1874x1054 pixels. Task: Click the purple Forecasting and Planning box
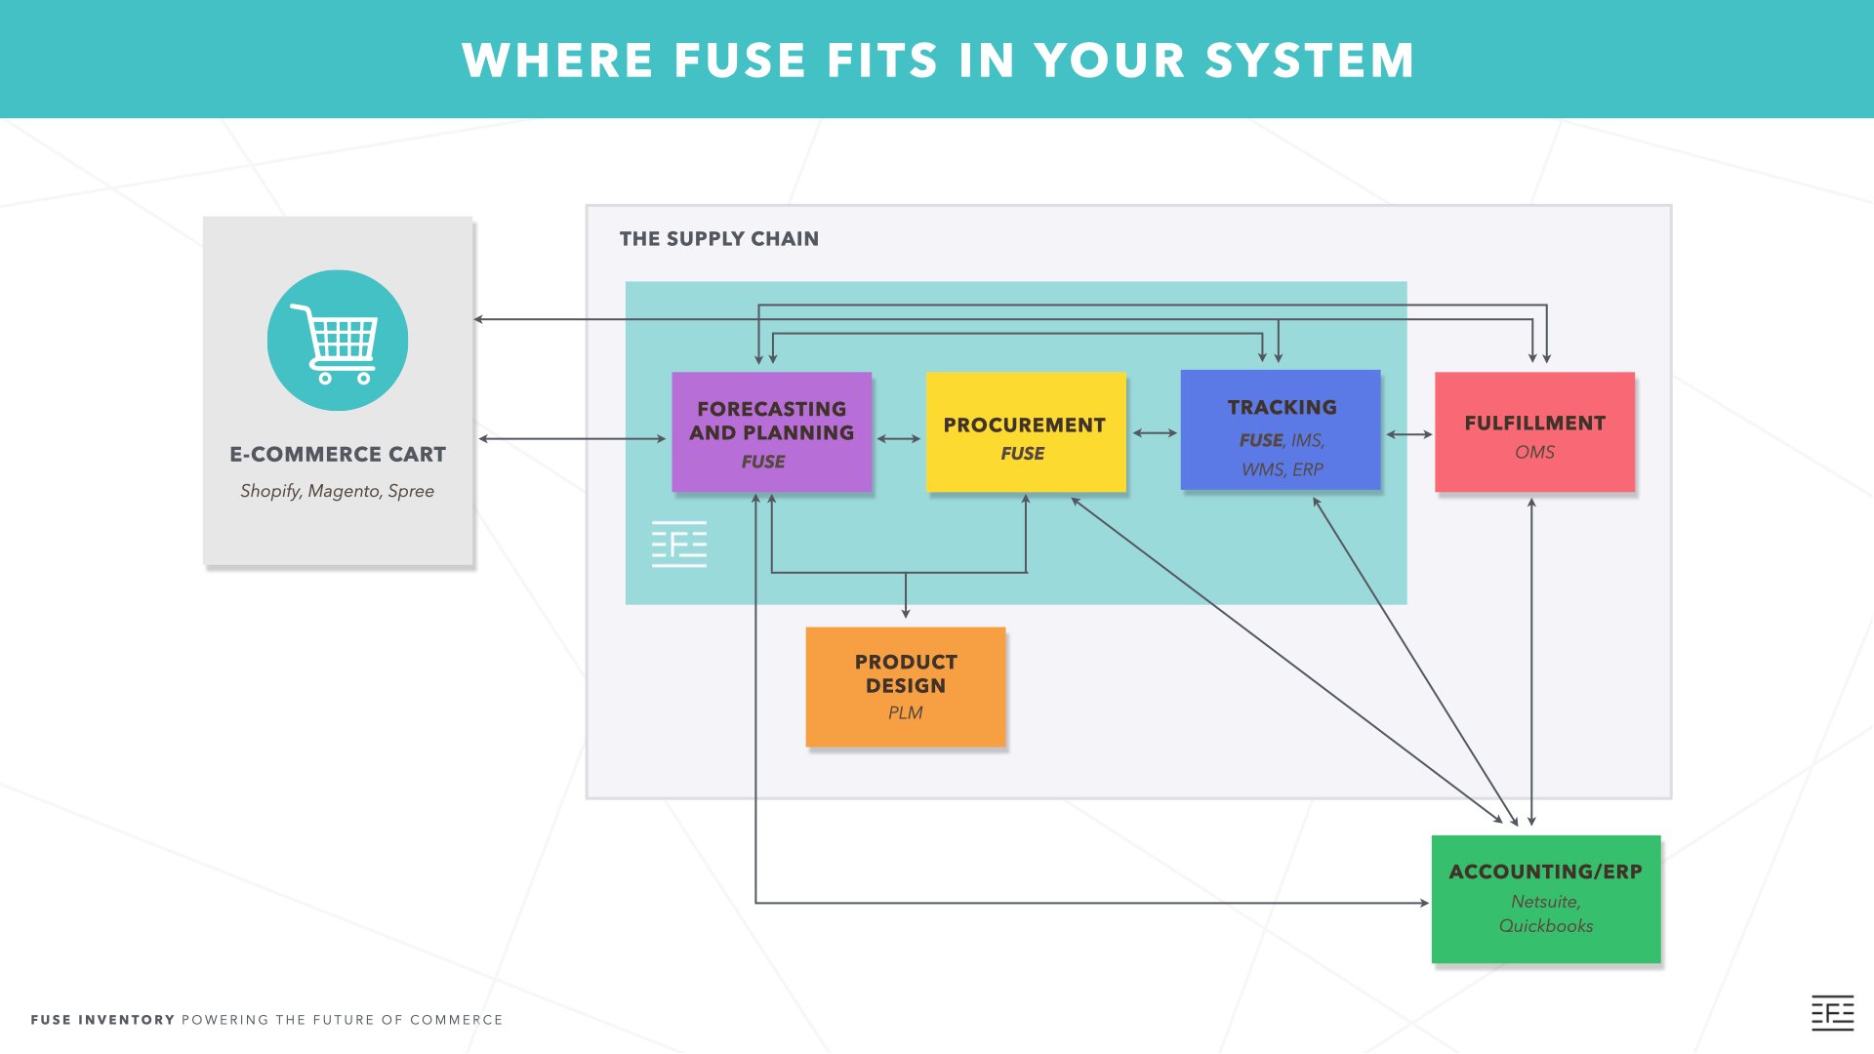click(x=771, y=431)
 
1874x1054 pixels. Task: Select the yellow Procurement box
click(x=1025, y=431)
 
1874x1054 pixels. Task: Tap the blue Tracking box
click(x=1281, y=429)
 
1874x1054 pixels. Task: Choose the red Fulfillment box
click(x=1534, y=431)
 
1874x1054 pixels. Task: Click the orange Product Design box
click(x=905, y=686)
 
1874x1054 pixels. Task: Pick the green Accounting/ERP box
click(x=1545, y=898)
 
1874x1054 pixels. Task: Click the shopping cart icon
click(x=338, y=341)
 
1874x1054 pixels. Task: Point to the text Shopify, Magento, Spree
click(x=337, y=491)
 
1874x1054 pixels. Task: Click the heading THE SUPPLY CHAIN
click(x=718, y=239)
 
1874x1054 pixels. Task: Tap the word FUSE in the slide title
click(x=739, y=61)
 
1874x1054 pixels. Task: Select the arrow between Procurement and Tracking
click(x=1154, y=433)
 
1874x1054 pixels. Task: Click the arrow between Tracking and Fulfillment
click(x=1408, y=434)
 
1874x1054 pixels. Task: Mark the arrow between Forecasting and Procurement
click(x=898, y=439)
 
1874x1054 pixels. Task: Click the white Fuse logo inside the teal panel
click(x=679, y=544)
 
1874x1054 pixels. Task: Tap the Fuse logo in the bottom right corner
click(x=1832, y=1013)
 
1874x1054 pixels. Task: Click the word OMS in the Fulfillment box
click(x=1534, y=452)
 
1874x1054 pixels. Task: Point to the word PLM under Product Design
click(x=905, y=713)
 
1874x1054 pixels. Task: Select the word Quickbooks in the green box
click(x=1545, y=926)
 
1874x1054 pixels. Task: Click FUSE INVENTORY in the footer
click(x=102, y=1020)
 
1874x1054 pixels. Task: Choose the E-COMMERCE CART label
click(x=337, y=455)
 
